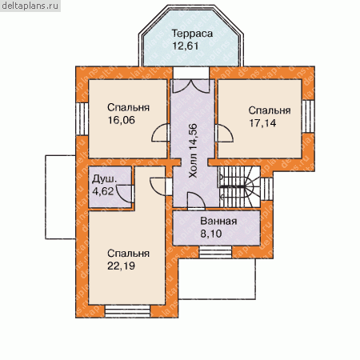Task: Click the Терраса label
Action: (x=192, y=34)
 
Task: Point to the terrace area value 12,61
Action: (x=186, y=46)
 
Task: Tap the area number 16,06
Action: (x=122, y=120)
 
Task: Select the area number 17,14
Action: (x=262, y=123)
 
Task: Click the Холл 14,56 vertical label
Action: (x=193, y=150)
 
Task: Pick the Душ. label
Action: (x=104, y=179)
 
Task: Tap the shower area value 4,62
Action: (x=102, y=191)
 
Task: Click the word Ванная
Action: (x=218, y=222)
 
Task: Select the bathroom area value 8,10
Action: (x=211, y=234)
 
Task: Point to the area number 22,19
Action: (x=121, y=266)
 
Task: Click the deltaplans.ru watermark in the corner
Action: (x=30, y=6)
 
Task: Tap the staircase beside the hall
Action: (x=239, y=186)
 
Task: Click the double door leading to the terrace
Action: (x=191, y=86)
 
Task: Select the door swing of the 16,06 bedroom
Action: (x=160, y=133)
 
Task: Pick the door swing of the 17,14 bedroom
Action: (x=225, y=133)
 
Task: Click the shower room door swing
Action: (x=125, y=194)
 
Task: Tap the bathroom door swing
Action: (x=197, y=201)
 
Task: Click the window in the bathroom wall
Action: (x=215, y=252)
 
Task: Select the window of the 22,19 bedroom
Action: (x=127, y=311)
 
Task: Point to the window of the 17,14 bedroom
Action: (x=308, y=116)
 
